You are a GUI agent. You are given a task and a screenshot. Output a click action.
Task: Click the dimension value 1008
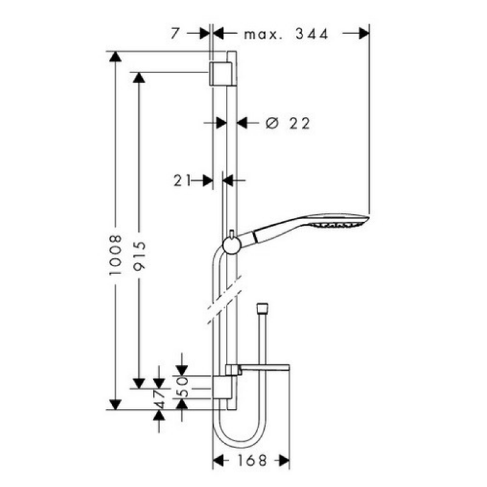tap(115, 254)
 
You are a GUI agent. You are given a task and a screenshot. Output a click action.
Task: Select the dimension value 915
tap(139, 255)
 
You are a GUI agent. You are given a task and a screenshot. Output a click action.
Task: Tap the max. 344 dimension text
tap(286, 34)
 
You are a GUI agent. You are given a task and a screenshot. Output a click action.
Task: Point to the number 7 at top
tap(175, 33)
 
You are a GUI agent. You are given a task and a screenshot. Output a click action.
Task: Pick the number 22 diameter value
tap(300, 124)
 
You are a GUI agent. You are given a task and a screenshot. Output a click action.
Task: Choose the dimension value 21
tap(181, 180)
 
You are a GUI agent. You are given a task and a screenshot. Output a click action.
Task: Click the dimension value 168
tap(252, 460)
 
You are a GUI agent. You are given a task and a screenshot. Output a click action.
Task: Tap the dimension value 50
tap(182, 387)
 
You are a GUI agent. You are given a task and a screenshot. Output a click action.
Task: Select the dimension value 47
tap(159, 399)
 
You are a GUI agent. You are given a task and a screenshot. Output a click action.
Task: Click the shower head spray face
tap(338, 224)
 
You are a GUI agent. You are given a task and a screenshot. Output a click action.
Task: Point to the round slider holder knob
tap(231, 246)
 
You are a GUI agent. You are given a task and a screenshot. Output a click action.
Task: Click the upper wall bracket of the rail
tap(222, 73)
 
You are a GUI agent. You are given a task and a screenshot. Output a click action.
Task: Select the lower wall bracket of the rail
tap(222, 387)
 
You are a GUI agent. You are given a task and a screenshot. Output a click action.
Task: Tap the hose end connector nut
tap(262, 309)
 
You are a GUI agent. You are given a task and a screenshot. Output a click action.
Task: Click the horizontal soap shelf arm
tap(265, 368)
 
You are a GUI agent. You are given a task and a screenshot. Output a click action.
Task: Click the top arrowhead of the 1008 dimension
tap(115, 56)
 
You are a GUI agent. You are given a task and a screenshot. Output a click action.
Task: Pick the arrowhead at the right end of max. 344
tap(364, 33)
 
